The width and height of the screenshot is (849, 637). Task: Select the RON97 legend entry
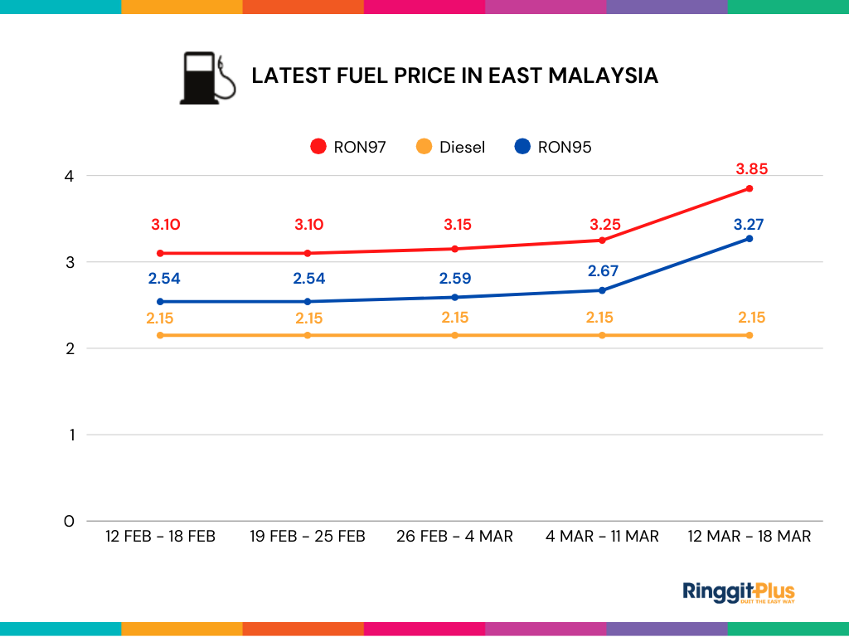click(x=348, y=147)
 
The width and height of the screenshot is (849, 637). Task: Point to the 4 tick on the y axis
click(x=69, y=176)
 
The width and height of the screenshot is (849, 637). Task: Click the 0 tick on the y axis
click(x=69, y=521)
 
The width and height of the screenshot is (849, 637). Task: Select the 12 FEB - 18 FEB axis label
click(x=160, y=537)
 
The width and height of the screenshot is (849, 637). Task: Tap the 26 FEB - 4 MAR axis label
click(x=454, y=537)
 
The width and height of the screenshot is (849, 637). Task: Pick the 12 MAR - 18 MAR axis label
click(x=750, y=537)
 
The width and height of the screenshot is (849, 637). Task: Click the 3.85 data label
click(x=752, y=169)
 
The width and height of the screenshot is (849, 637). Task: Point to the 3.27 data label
click(x=749, y=224)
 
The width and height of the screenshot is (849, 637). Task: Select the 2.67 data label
click(x=603, y=271)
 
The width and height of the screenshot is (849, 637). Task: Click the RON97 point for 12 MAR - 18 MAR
click(x=750, y=188)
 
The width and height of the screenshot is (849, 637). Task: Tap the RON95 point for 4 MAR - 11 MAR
click(x=602, y=290)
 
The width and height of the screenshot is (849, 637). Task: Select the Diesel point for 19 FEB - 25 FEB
click(x=308, y=335)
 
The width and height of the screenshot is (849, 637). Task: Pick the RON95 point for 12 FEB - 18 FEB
click(x=160, y=302)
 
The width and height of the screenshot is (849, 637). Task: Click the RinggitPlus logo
click(x=739, y=592)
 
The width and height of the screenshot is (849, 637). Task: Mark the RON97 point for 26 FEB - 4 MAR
click(x=454, y=249)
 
